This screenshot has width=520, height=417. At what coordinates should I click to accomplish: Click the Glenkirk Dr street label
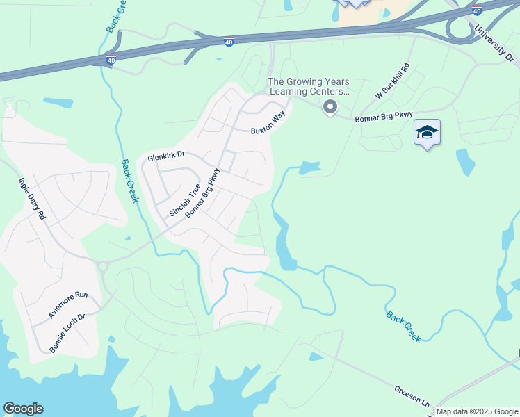point(165,158)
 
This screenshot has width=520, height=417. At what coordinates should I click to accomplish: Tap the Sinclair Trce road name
point(185,200)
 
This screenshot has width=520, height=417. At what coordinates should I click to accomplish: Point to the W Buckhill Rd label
point(393,81)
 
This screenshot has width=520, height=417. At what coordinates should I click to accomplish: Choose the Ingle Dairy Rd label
point(31,199)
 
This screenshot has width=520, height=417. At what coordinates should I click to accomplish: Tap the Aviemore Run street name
point(68,305)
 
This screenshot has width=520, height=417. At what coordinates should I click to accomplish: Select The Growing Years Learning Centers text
point(309,86)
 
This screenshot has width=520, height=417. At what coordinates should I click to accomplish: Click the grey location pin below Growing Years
point(330,107)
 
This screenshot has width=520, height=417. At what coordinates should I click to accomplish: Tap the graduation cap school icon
point(427,132)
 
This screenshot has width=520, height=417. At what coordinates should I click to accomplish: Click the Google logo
point(23,409)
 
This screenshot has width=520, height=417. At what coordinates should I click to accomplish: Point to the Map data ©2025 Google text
point(477,411)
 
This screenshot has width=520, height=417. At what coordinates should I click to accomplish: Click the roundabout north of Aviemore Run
point(103,265)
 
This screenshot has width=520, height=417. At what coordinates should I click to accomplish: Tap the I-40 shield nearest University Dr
point(476,10)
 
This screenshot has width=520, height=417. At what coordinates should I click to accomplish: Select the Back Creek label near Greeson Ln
point(404,326)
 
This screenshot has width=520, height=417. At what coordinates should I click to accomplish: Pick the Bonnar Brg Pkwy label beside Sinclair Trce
point(202,193)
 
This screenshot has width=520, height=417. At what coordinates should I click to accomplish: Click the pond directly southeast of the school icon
point(465,162)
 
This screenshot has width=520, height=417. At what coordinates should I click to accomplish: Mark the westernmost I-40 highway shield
point(111,60)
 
